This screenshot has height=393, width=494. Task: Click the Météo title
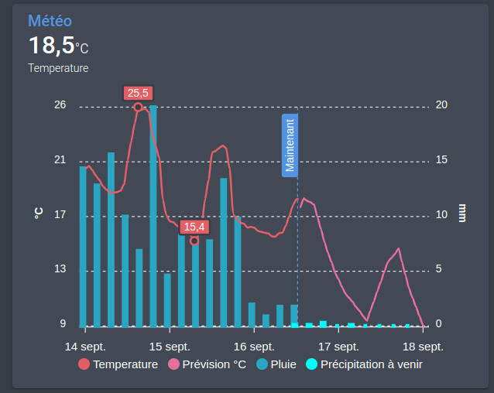(50, 21)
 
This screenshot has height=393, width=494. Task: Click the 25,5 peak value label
(138, 93)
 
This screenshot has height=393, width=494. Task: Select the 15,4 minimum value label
(194, 227)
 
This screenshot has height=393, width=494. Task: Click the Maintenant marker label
(290, 145)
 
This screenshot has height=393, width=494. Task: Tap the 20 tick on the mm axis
(441, 105)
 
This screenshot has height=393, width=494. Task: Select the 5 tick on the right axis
(439, 269)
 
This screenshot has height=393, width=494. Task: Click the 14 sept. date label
(85, 346)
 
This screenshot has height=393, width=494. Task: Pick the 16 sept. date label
(254, 346)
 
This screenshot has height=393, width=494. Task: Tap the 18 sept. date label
(423, 346)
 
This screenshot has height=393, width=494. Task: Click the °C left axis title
(38, 213)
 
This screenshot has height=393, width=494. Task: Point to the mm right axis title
(462, 213)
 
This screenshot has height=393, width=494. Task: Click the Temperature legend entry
(118, 364)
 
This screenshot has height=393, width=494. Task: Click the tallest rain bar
(153, 217)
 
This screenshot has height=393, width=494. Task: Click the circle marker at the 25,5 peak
(139, 108)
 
